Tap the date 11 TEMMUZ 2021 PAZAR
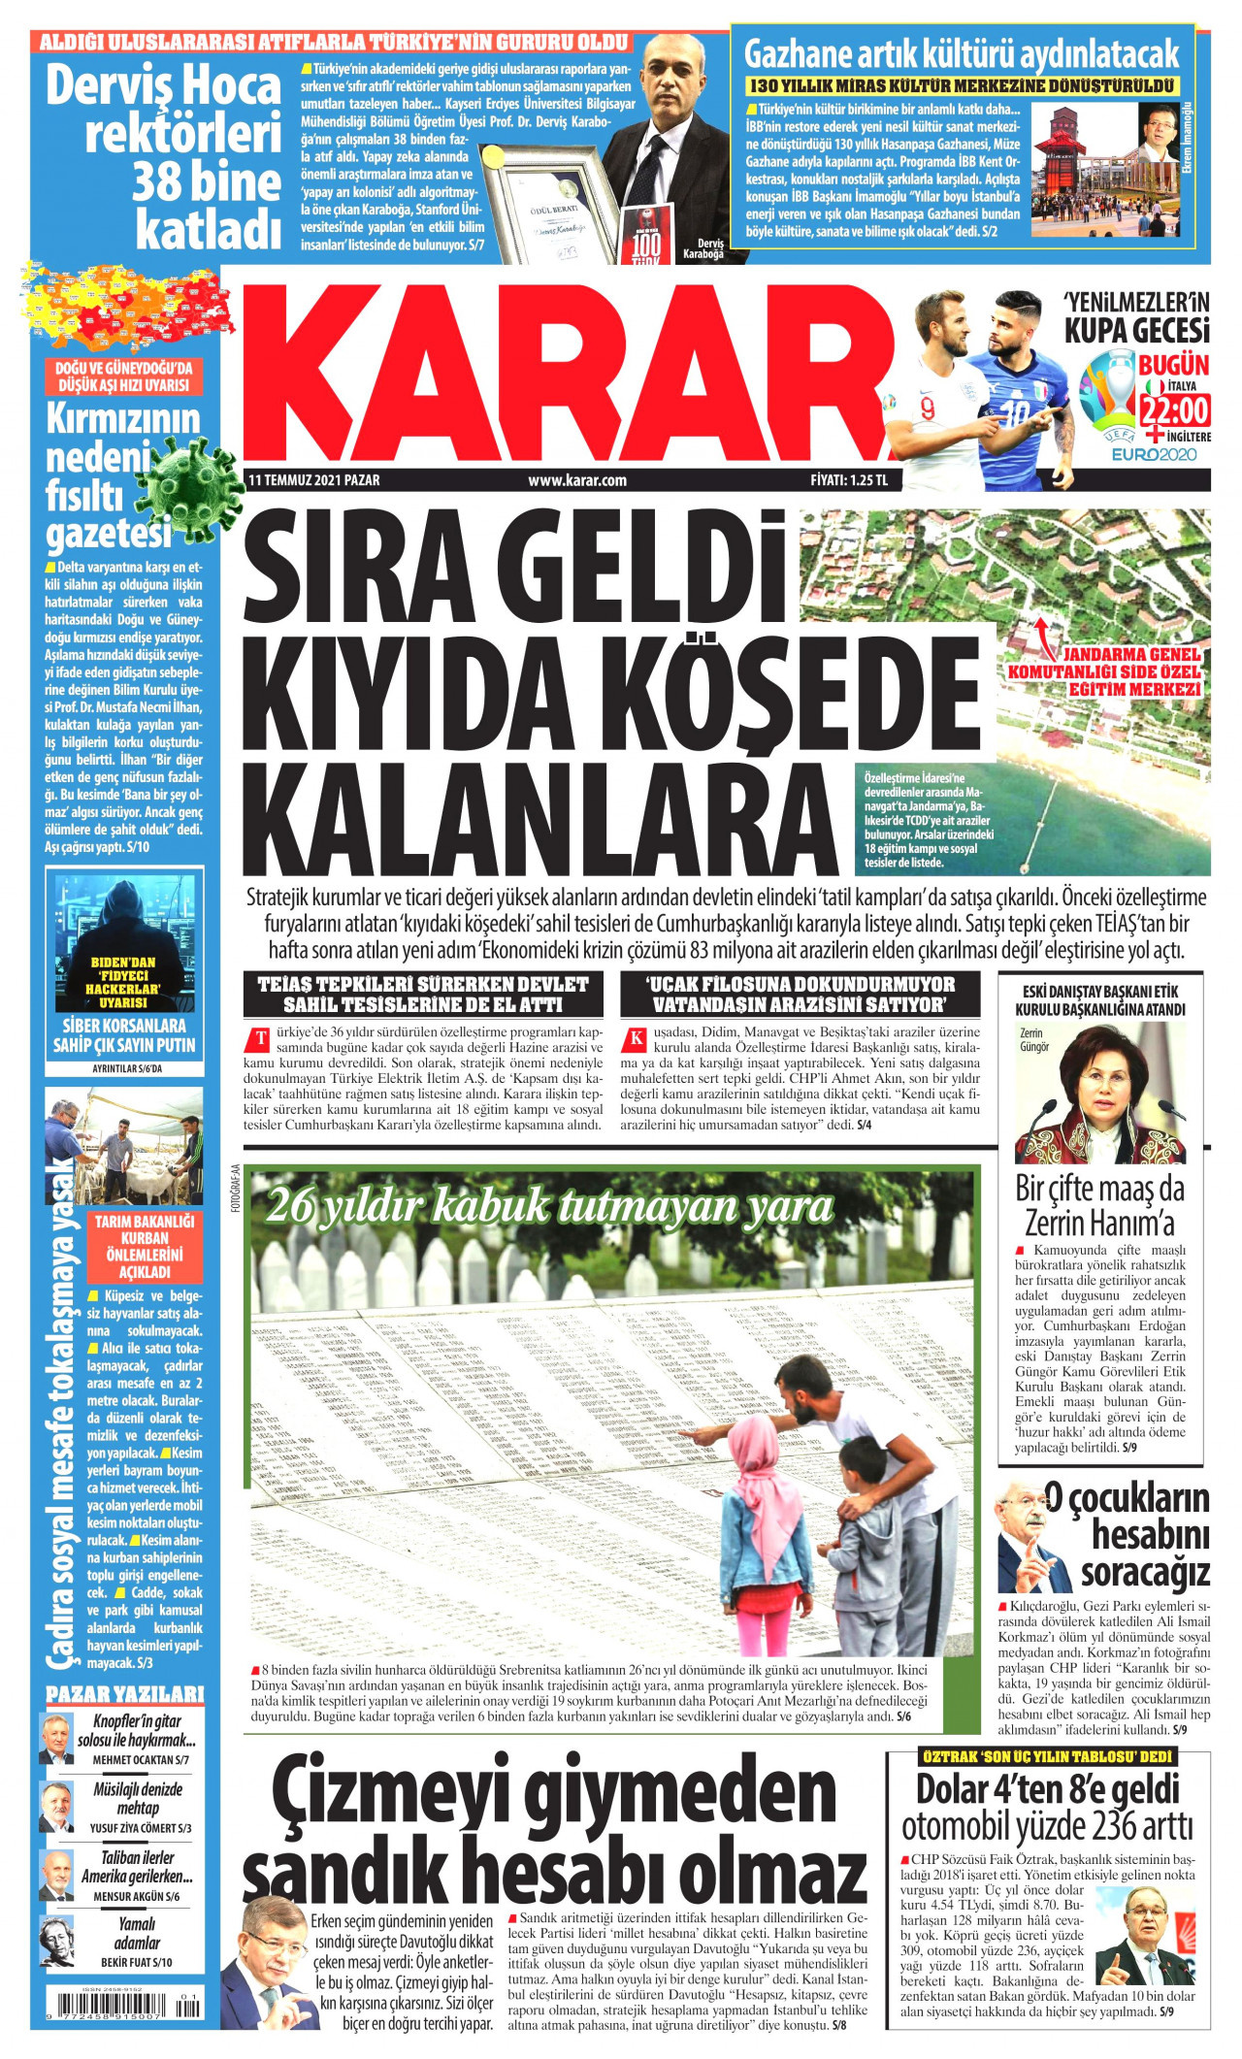[x=314, y=480]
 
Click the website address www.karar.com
[x=577, y=480]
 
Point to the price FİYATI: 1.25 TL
[x=849, y=480]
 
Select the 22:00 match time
[x=1174, y=411]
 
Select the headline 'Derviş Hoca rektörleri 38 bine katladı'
[x=165, y=155]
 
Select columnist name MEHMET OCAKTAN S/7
[x=141, y=1759]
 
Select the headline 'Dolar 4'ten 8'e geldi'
[x=1048, y=1789]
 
